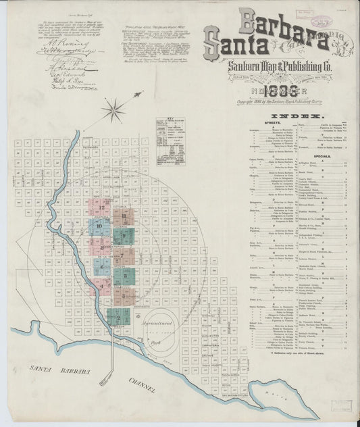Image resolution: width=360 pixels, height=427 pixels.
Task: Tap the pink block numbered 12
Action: (x=102, y=207)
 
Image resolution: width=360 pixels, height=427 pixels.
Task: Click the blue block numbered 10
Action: (x=99, y=225)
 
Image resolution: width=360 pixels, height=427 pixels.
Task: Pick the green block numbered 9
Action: (x=125, y=236)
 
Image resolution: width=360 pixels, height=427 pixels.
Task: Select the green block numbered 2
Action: (x=118, y=317)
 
